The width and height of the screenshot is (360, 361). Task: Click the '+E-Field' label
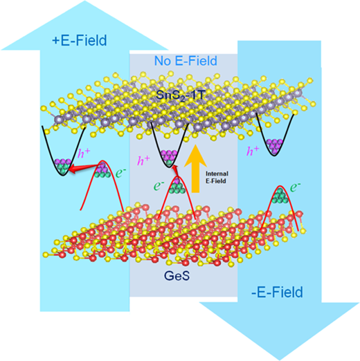(x=80, y=41)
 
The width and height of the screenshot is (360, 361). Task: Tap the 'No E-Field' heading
(x=186, y=61)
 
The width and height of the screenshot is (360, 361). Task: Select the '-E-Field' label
(x=277, y=292)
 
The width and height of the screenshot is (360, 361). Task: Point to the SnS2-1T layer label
(x=180, y=95)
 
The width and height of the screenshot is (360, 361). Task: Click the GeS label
(x=177, y=275)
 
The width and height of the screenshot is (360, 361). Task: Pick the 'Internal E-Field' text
(x=217, y=177)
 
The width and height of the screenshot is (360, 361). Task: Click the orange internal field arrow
(x=195, y=168)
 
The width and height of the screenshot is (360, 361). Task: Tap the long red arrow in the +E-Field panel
(x=84, y=168)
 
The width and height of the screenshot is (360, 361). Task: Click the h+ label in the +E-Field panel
(x=84, y=153)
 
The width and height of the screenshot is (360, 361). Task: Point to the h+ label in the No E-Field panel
(x=143, y=160)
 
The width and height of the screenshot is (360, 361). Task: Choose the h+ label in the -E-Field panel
(x=253, y=151)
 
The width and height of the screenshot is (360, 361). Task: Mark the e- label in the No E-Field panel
(x=159, y=186)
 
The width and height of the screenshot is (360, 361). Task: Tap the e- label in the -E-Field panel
(x=295, y=187)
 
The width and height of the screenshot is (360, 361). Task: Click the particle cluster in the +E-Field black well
(x=63, y=166)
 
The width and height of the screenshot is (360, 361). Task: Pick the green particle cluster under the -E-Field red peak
(x=280, y=196)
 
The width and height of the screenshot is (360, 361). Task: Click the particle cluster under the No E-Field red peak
(x=177, y=186)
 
